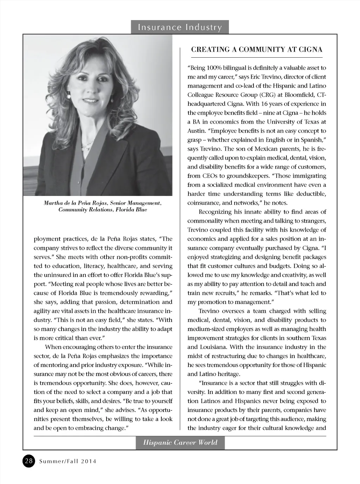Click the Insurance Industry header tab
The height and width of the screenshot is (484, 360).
coord(180,27)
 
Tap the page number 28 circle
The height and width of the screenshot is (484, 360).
coord(29,461)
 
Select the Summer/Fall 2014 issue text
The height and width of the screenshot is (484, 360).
coord(67,461)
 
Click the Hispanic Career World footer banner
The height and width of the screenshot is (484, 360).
coord(180,442)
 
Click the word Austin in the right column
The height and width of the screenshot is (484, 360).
coord(196,131)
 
